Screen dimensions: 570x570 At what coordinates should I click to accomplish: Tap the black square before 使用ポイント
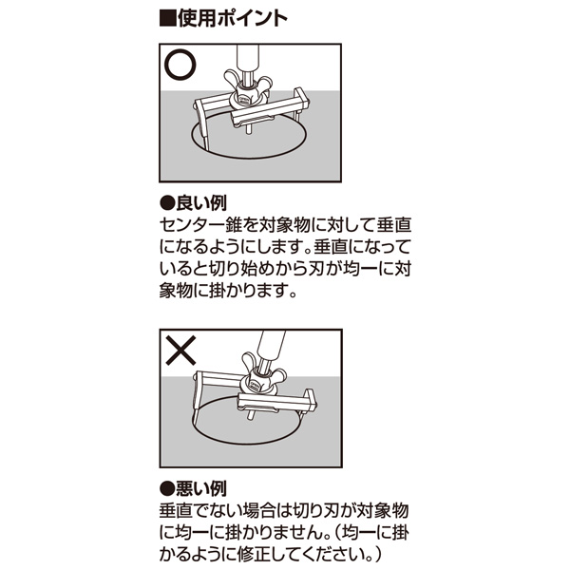(167, 19)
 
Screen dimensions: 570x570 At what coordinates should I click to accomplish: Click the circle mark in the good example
(180, 65)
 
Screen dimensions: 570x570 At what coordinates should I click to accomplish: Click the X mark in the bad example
(180, 351)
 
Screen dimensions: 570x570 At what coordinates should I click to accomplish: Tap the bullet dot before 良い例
(167, 203)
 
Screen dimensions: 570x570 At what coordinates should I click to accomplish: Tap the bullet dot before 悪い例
(167, 489)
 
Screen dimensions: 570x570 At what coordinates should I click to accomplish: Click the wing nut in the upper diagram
(248, 85)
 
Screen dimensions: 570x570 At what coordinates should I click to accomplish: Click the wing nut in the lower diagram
(264, 370)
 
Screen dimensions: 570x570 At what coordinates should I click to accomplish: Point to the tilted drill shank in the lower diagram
(272, 347)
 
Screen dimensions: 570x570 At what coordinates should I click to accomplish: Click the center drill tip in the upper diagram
(249, 130)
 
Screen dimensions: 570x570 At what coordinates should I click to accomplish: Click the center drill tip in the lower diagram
(250, 414)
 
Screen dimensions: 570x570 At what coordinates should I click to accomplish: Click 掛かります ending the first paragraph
(247, 290)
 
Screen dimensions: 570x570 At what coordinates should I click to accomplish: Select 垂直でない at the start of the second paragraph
(199, 510)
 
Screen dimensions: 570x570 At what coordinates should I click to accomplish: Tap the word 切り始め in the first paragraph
(234, 269)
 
